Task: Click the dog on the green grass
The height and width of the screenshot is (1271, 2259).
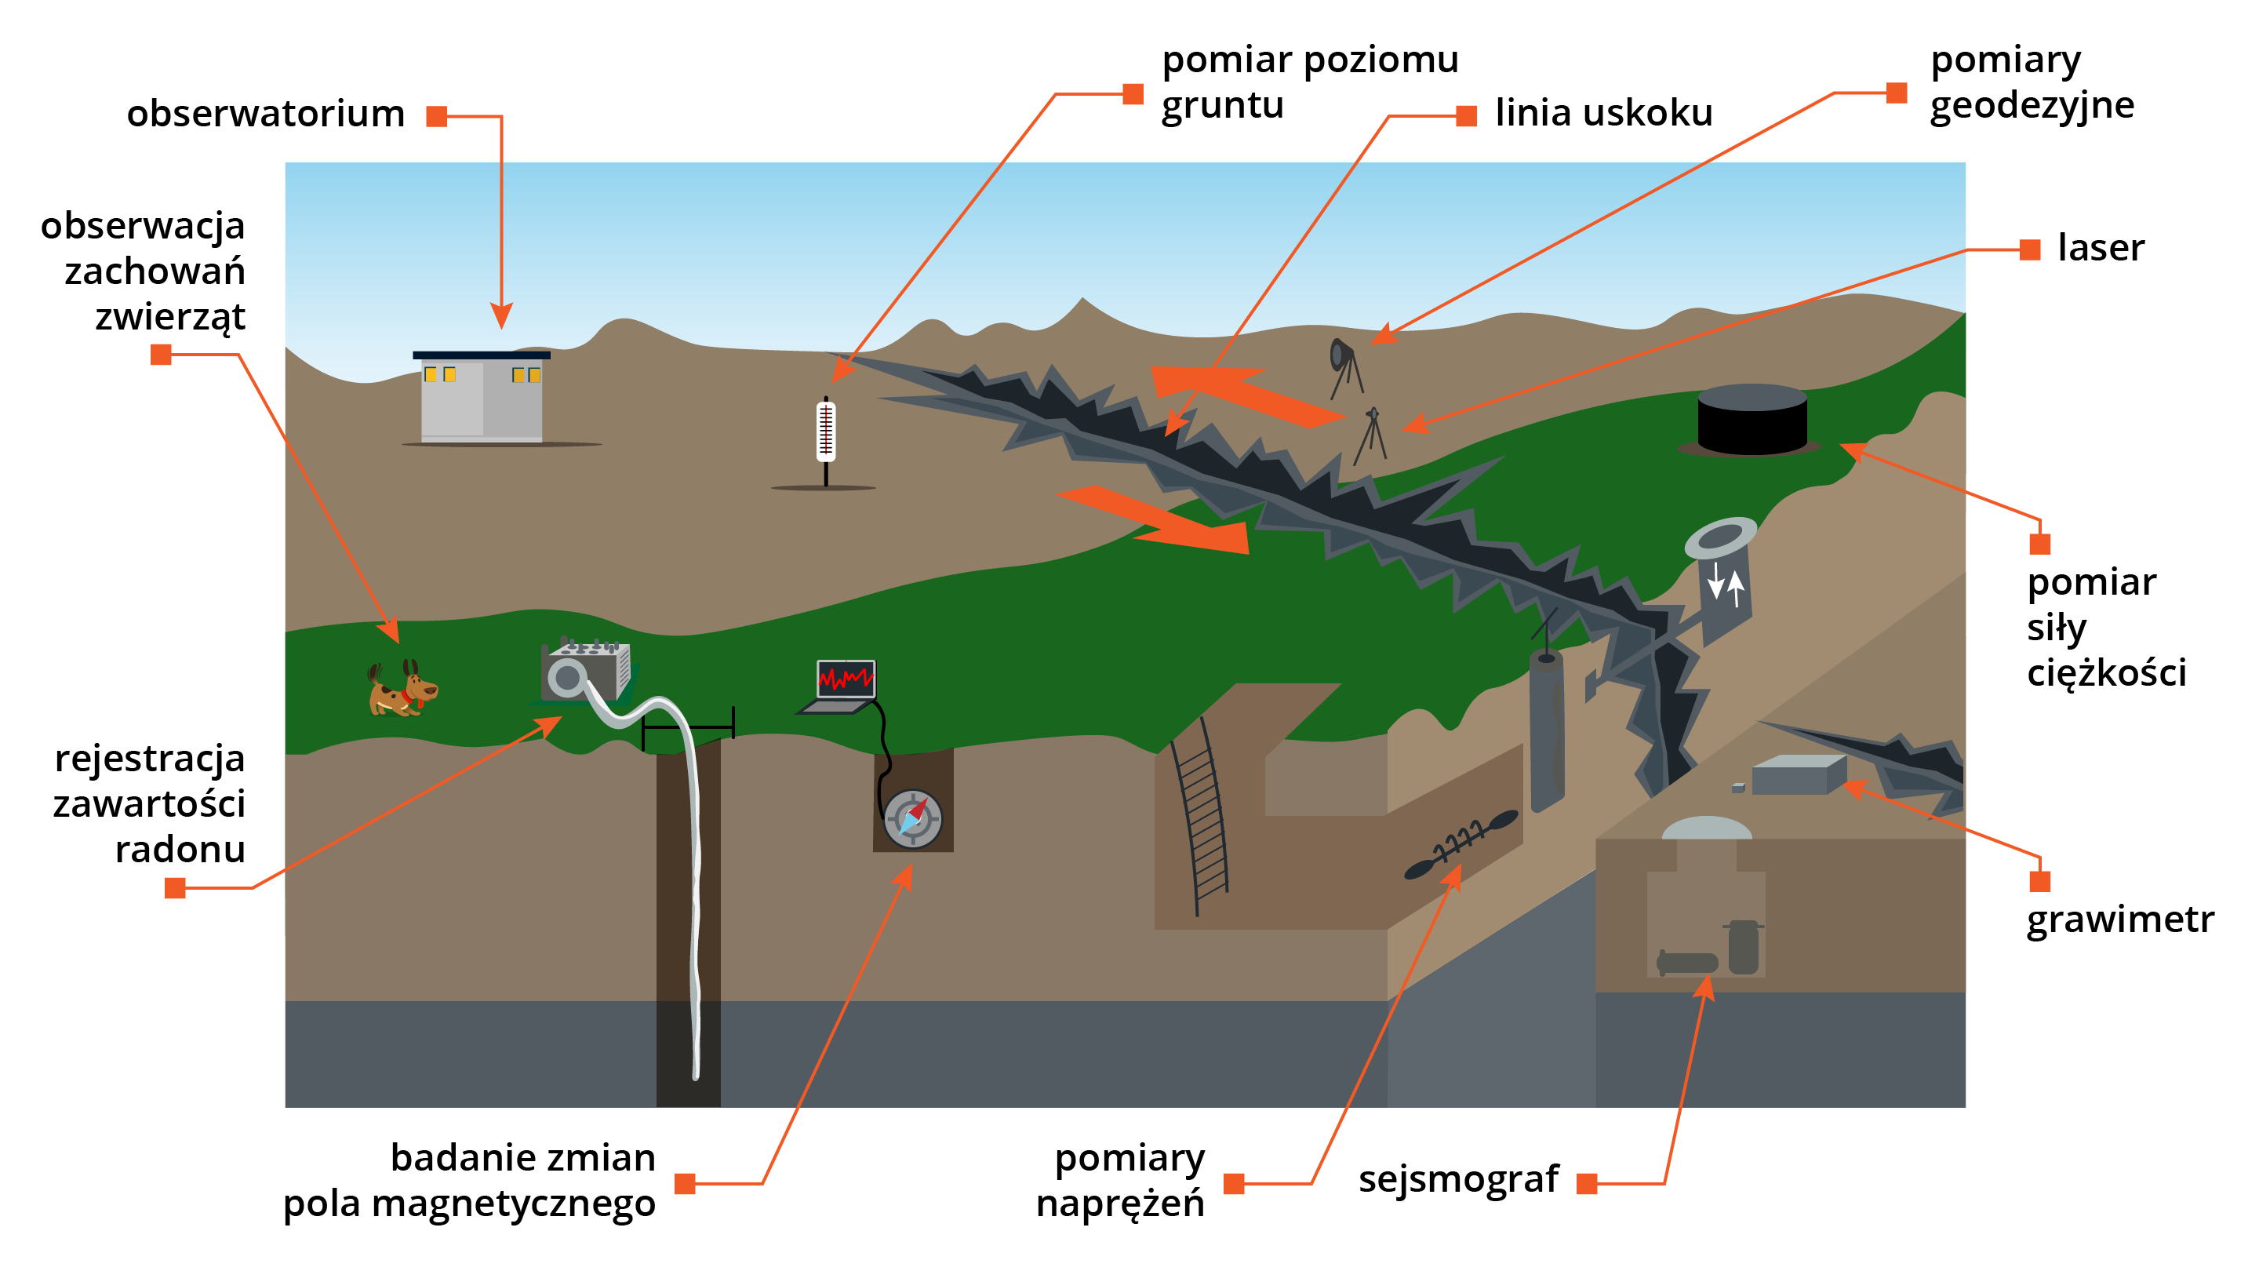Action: tap(402, 689)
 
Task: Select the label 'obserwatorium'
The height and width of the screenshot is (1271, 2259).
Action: tap(266, 114)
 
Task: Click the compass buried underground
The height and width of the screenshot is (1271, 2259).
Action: tap(912, 818)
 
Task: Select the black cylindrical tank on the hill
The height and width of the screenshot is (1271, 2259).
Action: tap(1752, 421)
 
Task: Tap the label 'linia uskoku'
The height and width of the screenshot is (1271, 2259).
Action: tap(1603, 113)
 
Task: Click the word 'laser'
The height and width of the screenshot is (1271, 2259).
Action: tap(2101, 248)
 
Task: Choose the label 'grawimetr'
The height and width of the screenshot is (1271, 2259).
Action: tap(2119, 920)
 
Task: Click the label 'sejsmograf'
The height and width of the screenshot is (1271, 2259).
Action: tap(1458, 1179)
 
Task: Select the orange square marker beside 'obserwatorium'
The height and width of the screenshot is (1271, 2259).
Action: tap(437, 117)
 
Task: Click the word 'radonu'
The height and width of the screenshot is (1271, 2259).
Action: tap(180, 849)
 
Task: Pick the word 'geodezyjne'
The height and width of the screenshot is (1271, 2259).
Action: tap(2031, 106)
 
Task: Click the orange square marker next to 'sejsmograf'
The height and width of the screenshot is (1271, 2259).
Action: tap(1586, 1184)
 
